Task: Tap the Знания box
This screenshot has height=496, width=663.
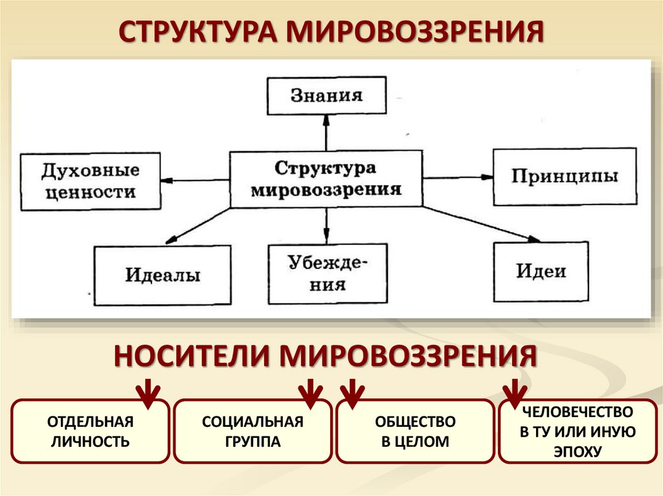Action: [x=326, y=96]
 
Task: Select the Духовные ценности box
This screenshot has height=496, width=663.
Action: [x=91, y=181]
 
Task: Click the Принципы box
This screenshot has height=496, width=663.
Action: [x=565, y=177]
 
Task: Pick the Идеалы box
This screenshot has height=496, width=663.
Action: [x=163, y=275]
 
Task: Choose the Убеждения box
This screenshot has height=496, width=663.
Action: [x=328, y=274]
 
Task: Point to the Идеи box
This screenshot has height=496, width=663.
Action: [x=541, y=271]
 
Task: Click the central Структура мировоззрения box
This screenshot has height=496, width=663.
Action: [x=326, y=178]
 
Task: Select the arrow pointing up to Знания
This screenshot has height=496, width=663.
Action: [x=326, y=132]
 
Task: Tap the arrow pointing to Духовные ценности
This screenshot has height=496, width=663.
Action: [x=195, y=180]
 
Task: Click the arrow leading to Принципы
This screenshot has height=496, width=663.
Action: [x=458, y=177]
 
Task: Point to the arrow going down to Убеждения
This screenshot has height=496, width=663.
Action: [x=326, y=225]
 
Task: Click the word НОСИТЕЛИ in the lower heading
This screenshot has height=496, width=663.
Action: [x=192, y=356]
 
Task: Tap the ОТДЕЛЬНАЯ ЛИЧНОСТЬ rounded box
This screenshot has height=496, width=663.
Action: [x=91, y=431]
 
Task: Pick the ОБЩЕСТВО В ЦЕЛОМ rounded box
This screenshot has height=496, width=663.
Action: [x=415, y=431]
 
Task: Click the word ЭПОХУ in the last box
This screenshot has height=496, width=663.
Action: [x=578, y=452]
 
